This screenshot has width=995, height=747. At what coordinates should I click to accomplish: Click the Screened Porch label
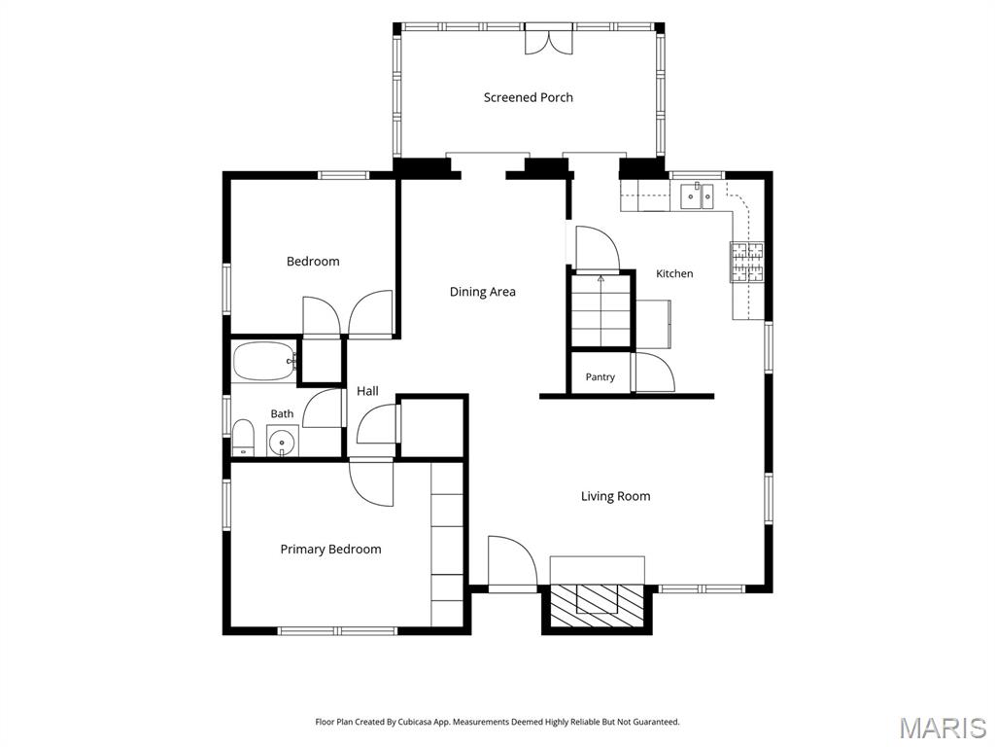pyautogui.click(x=528, y=97)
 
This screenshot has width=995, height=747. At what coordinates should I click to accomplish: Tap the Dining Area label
pyautogui.click(x=482, y=292)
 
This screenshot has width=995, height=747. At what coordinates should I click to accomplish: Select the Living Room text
pyautogui.click(x=615, y=496)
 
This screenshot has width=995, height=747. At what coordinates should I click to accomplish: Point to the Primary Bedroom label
pyautogui.click(x=330, y=550)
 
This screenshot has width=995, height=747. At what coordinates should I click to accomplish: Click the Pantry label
pyautogui.click(x=600, y=377)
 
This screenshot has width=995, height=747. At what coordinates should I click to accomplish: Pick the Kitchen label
pyautogui.click(x=674, y=273)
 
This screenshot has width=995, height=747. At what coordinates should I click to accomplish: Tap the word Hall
pyautogui.click(x=367, y=391)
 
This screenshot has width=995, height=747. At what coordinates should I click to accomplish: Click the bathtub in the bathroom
pyautogui.click(x=264, y=362)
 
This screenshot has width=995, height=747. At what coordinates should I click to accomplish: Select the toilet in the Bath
pyautogui.click(x=243, y=437)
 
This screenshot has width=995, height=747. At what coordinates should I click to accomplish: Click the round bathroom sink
pyautogui.click(x=281, y=442)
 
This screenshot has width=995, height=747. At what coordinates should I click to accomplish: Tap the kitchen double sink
pyautogui.click(x=697, y=196)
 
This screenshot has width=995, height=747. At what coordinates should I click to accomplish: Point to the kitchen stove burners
pyautogui.click(x=747, y=262)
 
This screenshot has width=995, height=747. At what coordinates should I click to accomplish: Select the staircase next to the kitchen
pyautogui.click(x=600, y=310)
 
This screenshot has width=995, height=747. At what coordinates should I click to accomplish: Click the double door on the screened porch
pyautogui.click(x=549, y=39)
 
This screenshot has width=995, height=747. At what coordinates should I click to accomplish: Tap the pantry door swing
pyautogui.click(x=656, y=373)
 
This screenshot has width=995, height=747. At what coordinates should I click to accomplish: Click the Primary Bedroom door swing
pyautogui.click(x=371, y=482)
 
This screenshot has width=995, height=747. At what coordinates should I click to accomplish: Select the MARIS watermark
pyautogui.click(x=943, y=728)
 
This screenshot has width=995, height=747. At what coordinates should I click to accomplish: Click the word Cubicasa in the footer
pyautogui.click(x=415, y=723)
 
